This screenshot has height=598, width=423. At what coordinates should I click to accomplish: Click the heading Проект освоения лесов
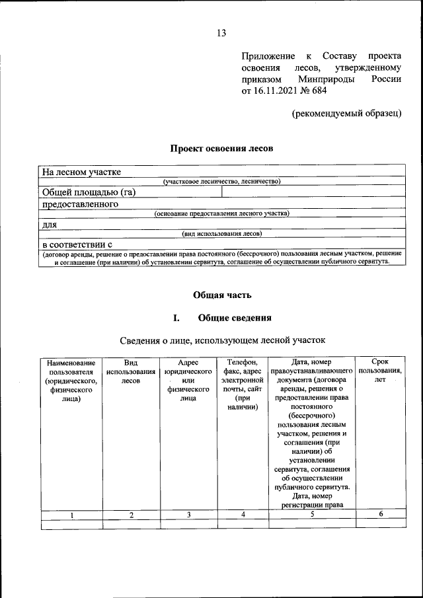(221, 149)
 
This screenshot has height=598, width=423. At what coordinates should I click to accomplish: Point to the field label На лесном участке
(81, 172)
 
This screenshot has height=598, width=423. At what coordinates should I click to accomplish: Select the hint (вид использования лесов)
(222, 233)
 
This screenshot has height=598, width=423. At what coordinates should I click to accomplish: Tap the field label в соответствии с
(77, 244)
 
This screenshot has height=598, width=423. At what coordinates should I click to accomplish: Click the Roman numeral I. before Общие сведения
(176, 318)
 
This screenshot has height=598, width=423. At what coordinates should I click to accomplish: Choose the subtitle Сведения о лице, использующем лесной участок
(223, 340)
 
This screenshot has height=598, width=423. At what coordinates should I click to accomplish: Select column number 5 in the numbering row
(311, 515)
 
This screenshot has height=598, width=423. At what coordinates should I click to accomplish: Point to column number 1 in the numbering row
(72, 515)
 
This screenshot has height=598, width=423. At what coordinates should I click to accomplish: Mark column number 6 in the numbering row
(381, 514)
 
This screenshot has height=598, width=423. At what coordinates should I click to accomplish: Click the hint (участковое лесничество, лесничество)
(222, 181)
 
